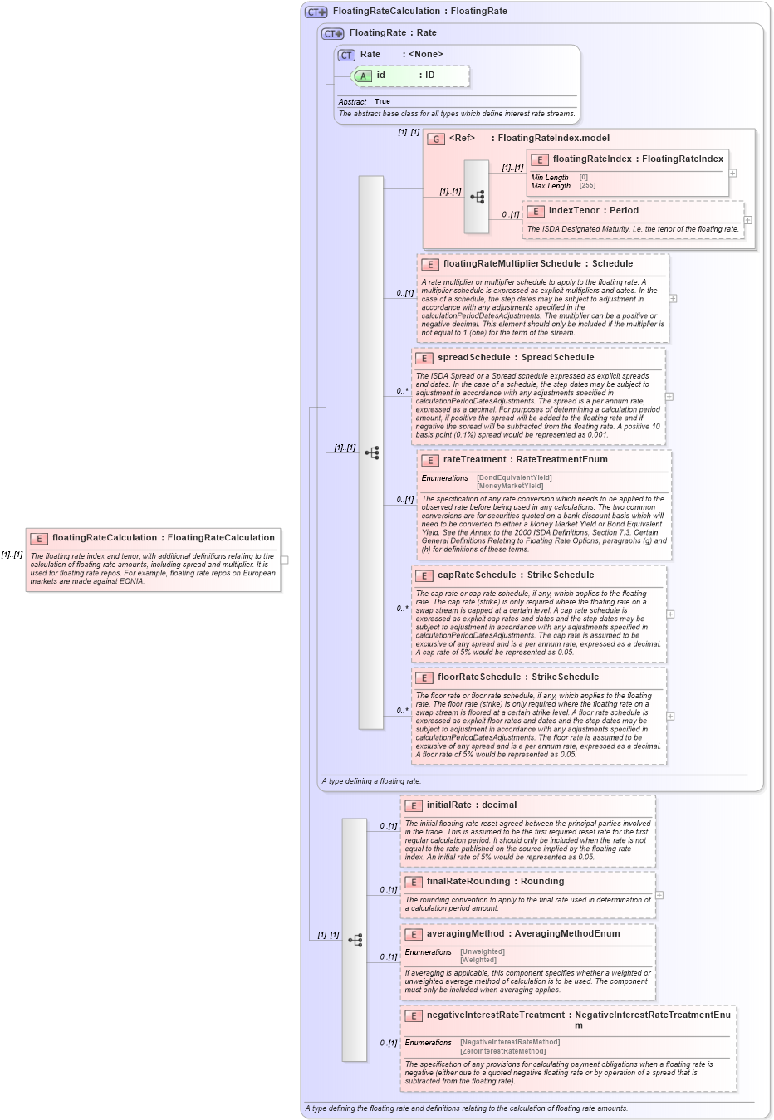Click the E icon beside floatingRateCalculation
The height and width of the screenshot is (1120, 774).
(38, 539)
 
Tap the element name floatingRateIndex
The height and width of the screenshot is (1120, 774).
(592, 159)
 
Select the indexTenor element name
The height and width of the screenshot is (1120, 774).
(573, 211)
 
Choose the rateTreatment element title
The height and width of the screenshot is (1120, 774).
(476, 460)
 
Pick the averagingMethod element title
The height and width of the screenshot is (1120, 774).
(465, 934)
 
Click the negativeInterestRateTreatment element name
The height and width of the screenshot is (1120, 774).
(494, 1015)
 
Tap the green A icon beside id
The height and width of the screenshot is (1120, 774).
(363, 76)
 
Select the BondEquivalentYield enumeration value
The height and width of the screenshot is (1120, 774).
(514, 477)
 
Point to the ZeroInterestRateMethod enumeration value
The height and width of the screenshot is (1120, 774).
(503, 1051)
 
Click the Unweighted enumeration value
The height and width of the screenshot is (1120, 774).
(483, 952)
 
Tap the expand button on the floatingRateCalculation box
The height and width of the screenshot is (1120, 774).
(284, 560)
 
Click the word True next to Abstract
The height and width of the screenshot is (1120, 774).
(382, 102)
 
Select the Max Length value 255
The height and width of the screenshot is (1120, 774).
(587, 186)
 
